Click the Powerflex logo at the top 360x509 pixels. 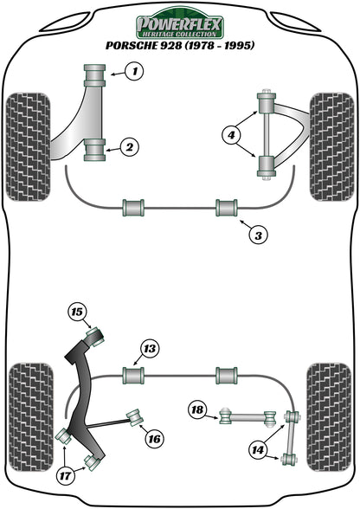(x=179, y=21)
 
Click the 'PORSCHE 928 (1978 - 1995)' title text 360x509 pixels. (x=179, y=45)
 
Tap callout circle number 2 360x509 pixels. (x=128, y=148)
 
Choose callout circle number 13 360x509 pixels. (x=150, y=349)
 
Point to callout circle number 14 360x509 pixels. (x=256, y=449)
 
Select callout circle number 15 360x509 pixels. (x=78, y=312)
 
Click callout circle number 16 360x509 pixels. (x=153, y=439)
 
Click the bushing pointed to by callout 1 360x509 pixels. (x=95, y=74)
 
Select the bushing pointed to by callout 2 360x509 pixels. (x=94, y=149)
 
